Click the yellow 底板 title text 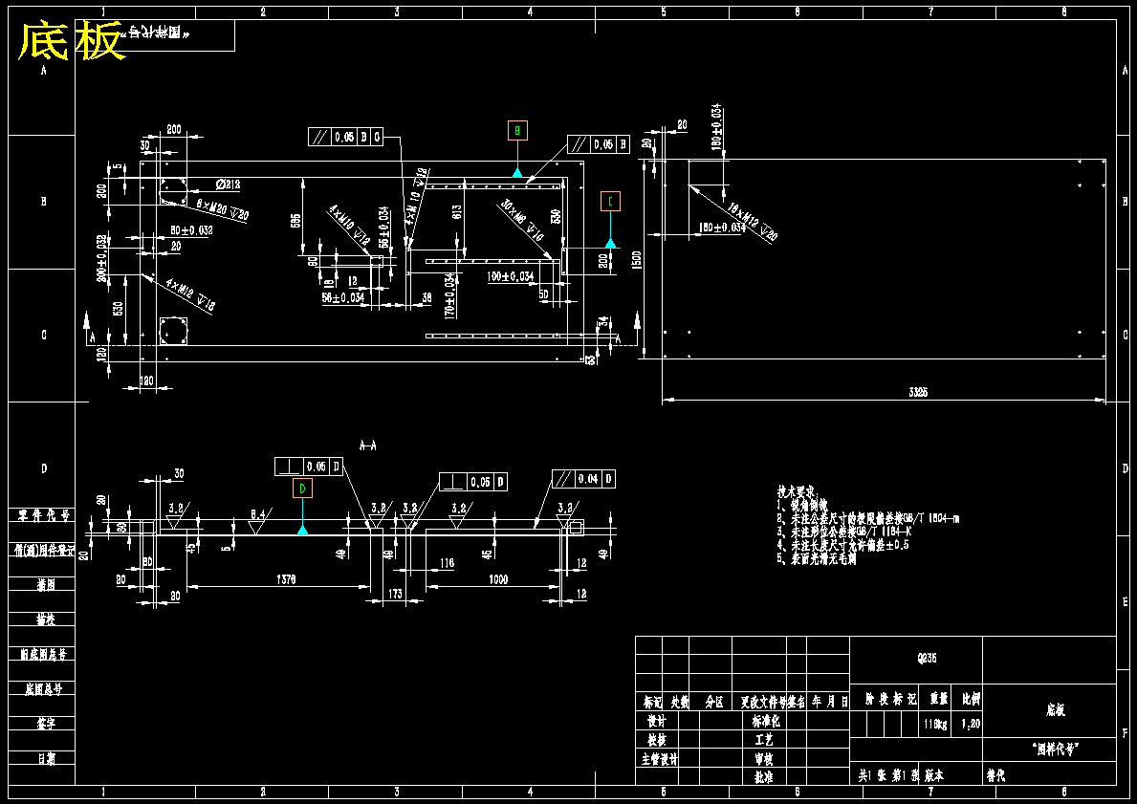click(73, 42)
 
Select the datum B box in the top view click(517, 130)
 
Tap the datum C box click(610, 201)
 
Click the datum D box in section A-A click(302, 489)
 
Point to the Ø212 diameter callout click(228, 185)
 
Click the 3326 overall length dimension click(919, 392)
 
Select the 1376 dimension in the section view click(286, 579)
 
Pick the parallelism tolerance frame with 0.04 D click(583, 479)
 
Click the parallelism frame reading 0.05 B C click(345, 137)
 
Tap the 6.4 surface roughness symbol click(257, 514)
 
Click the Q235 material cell click(916, 658)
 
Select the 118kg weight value click(935, 724)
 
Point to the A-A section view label click(367, 445)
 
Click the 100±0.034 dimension click(510, 276)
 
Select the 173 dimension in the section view click(395, 594)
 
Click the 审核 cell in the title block click(763, 758)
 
